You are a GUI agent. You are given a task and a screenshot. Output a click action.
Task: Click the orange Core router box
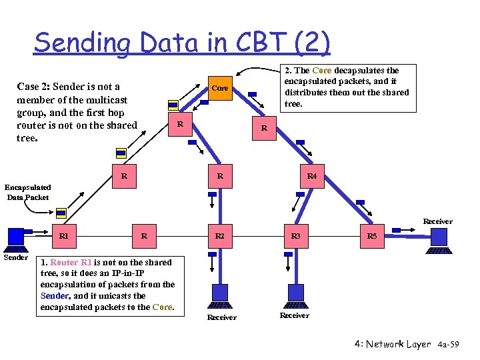[x=219, y=89]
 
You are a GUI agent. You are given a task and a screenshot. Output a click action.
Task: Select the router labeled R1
[x=63, y=236]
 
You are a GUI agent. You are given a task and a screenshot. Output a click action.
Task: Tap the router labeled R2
[x=219, y=236]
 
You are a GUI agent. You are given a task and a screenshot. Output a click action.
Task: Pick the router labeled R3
[x=295, y=236]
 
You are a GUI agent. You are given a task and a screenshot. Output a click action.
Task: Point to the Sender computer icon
[x=15, y=238]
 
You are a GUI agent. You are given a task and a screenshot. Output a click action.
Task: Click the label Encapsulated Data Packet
[x=28, y=192]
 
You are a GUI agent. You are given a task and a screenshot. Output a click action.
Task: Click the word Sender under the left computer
[x=16, y=257]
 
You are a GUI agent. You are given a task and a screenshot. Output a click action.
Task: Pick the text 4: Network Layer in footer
[x=393, y=344]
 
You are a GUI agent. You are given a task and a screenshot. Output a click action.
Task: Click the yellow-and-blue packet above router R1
[x=61, y=213]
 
